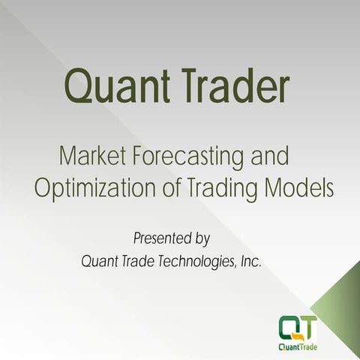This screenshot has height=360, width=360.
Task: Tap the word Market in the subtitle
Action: click(88, 157)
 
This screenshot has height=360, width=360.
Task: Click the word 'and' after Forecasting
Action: click(268, 157)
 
